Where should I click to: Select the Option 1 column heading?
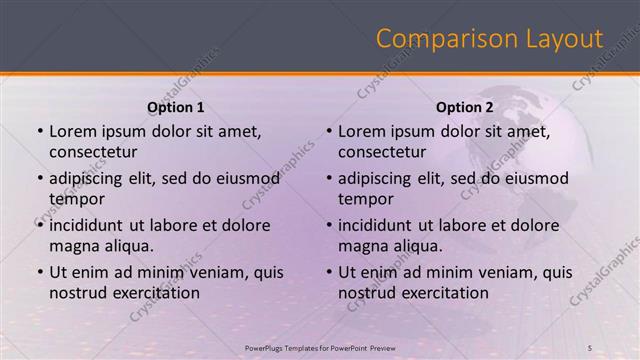point(176,106)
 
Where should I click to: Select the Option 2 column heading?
point(465,106)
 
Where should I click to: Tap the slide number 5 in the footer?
point(590,347)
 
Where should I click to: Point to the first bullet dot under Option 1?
point(39,132)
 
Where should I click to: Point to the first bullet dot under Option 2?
point(328,132)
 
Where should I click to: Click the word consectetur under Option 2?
point(382,153)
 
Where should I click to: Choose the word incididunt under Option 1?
point(92,224)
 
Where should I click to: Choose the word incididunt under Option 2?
point(381,224)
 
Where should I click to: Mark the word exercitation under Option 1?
point(155,293)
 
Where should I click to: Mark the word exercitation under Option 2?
point(444,293)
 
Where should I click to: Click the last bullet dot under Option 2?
point(328,272)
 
